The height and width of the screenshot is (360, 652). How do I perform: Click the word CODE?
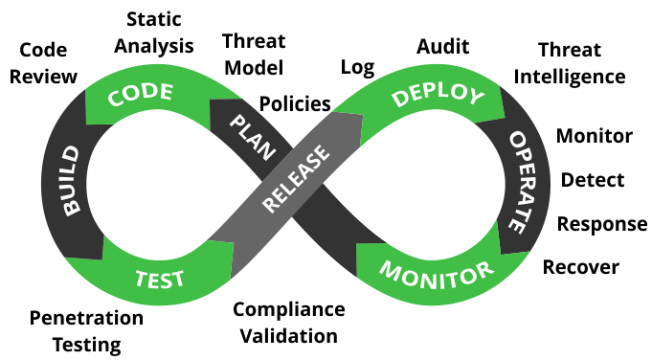coord(141,95)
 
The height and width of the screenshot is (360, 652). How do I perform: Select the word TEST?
coord(159,280)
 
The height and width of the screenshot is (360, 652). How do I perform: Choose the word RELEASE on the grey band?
coord(296,179)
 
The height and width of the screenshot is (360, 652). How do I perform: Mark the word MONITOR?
coord(437,273)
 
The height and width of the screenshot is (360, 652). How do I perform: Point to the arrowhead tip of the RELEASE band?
coord(363,117)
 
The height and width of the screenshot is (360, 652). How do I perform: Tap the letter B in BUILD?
coord(73,208)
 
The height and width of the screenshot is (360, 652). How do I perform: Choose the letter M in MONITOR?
coord(391,269)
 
